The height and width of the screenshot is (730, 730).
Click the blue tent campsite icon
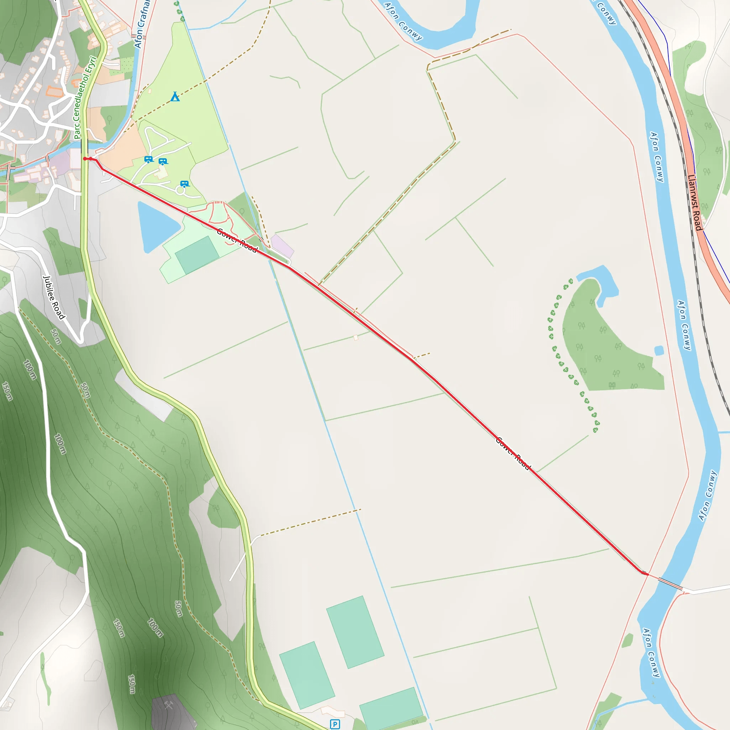pyautogui.click(x=175, y=97)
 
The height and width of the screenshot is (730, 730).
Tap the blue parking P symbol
pyautogui.click(x=335, y=724)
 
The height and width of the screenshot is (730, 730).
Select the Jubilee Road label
pyautogui.click(x=54, y=297)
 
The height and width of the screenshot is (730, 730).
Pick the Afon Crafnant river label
pyautogui.click(x=142, y=25)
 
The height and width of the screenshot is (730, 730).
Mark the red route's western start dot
pyautogui.click(x=85, y=159)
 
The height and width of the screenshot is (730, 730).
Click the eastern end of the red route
pyautogui.click(x=647, y=574)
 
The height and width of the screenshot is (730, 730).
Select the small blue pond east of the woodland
pyautogui.click(x=659, y=350)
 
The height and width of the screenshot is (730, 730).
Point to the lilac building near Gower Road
pyautogui.click(x=282, y=246)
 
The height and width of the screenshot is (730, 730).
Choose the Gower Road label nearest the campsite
pyautogui.click(x=237, y=240)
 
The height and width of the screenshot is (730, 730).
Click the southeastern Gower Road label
pyautogui.click(x=513, y=453)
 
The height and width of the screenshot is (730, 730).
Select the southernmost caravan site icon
pyautogui.click(x=184, y=184)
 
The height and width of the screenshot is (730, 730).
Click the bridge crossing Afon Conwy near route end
pyautogui.click(x=670, y=584)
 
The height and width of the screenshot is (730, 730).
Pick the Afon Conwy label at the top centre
pyautogui.click(x=403, y=21)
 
